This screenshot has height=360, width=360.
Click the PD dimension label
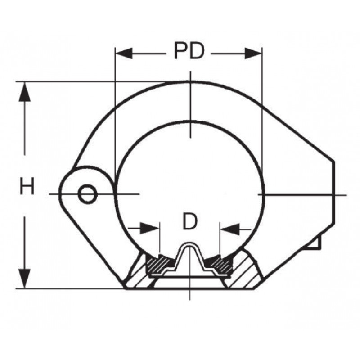tap(189, 51)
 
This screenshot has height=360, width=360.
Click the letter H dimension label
tap(27, 186)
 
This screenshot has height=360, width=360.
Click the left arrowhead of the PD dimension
tap(124, 54)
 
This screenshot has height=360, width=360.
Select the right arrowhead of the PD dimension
tap(253, 54)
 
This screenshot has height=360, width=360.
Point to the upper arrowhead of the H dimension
tap(25, 91)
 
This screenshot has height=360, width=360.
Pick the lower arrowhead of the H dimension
tap(25, 279)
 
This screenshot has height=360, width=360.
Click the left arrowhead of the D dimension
tap(149, 228)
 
